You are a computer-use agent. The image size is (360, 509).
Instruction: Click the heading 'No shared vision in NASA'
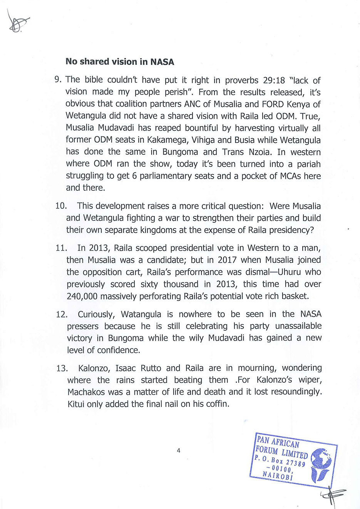tap(120, 62)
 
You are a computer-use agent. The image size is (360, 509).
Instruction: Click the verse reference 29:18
tap(274, 81)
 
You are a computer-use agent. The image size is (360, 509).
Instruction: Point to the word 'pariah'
tap(308, 164)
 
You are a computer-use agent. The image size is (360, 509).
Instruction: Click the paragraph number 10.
tap(61, 206)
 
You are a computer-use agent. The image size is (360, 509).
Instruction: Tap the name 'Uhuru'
tap(288, 272)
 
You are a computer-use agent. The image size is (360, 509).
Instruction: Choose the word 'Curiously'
tap(96, 314)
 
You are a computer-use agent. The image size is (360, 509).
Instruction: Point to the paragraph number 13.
tap(62, 368)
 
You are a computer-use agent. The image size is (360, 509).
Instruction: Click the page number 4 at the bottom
tap(179, 450)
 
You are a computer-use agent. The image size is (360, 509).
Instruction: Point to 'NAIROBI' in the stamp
tap(278, 475)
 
